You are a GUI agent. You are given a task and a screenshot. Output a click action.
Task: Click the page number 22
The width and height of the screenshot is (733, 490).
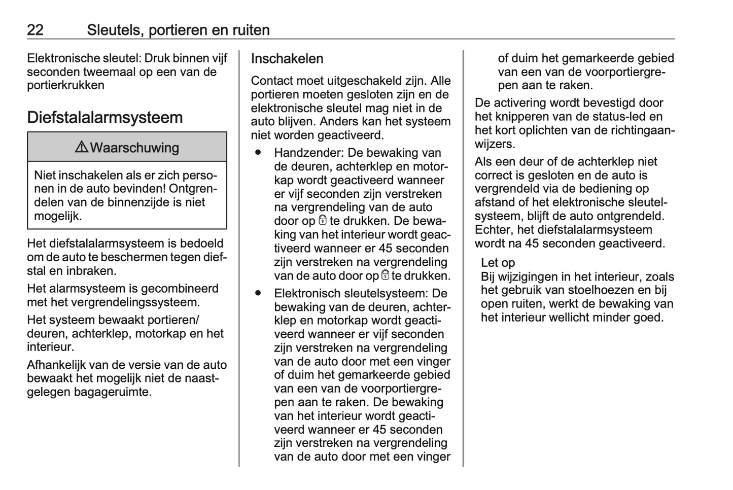pyautogui.click(x=35, y=30)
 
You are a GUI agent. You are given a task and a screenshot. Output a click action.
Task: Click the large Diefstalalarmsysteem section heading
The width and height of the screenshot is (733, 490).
pyautogui.click(x=104, y=117)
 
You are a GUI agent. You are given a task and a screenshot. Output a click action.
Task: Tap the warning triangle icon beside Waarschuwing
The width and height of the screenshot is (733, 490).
pyautogui.click(x=81, y=148)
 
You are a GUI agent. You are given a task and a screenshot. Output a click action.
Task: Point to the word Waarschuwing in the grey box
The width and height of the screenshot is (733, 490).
pyautogui.click(x=134, y=148)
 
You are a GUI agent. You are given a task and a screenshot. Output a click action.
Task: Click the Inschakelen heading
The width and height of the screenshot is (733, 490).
pyautogui.click(x=287, y=58)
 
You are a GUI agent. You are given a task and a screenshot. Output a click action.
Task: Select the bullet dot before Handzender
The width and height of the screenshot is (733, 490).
pyautogui.click(x=259, y=152)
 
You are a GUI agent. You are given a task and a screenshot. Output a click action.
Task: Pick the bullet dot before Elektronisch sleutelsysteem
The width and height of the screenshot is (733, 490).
pyautogui.click(x=259, y=293)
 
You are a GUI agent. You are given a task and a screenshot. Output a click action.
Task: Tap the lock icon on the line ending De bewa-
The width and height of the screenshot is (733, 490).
pyautogui.click(x=323, y=221)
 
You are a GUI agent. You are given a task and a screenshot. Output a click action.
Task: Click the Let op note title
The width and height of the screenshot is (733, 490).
pyautogui.click(x=498, y=262)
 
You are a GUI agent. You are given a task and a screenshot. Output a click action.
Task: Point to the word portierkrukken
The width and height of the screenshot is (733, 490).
pyautogui.click(x=65, y=85)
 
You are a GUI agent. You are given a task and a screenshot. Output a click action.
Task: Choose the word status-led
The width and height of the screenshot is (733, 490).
pyautogui.click(x=613, y=117)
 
